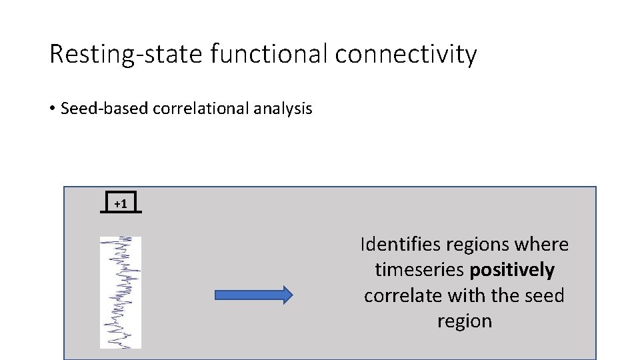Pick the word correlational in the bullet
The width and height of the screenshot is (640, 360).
click(x=199, y=109)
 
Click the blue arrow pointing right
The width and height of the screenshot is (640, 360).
click(x=254, y=295)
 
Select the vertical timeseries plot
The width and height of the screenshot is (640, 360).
click(x=121, y=292)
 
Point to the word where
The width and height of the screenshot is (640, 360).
click(x=543, y=245)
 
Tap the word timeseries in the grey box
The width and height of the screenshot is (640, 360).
click(x=420, y=270)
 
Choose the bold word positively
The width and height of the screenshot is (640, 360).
click(x=513, y=270)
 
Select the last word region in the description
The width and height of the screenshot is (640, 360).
click(x=465, y=321)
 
